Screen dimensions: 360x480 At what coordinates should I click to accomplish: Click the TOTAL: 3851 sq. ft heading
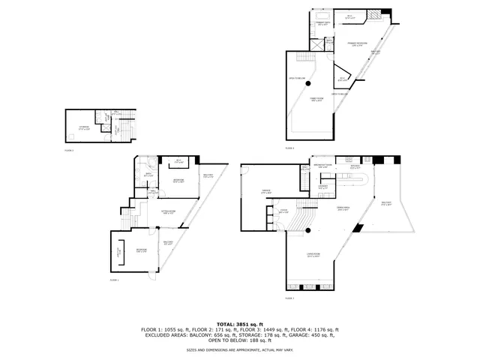tap(240, 323)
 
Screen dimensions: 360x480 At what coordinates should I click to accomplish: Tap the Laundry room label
tap(323, 187)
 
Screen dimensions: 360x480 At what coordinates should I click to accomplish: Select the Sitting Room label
tap(169, 212)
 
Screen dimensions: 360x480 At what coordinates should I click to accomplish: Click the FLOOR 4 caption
tap(290, 148)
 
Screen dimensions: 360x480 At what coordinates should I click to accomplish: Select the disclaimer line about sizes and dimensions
tap(240, 349)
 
